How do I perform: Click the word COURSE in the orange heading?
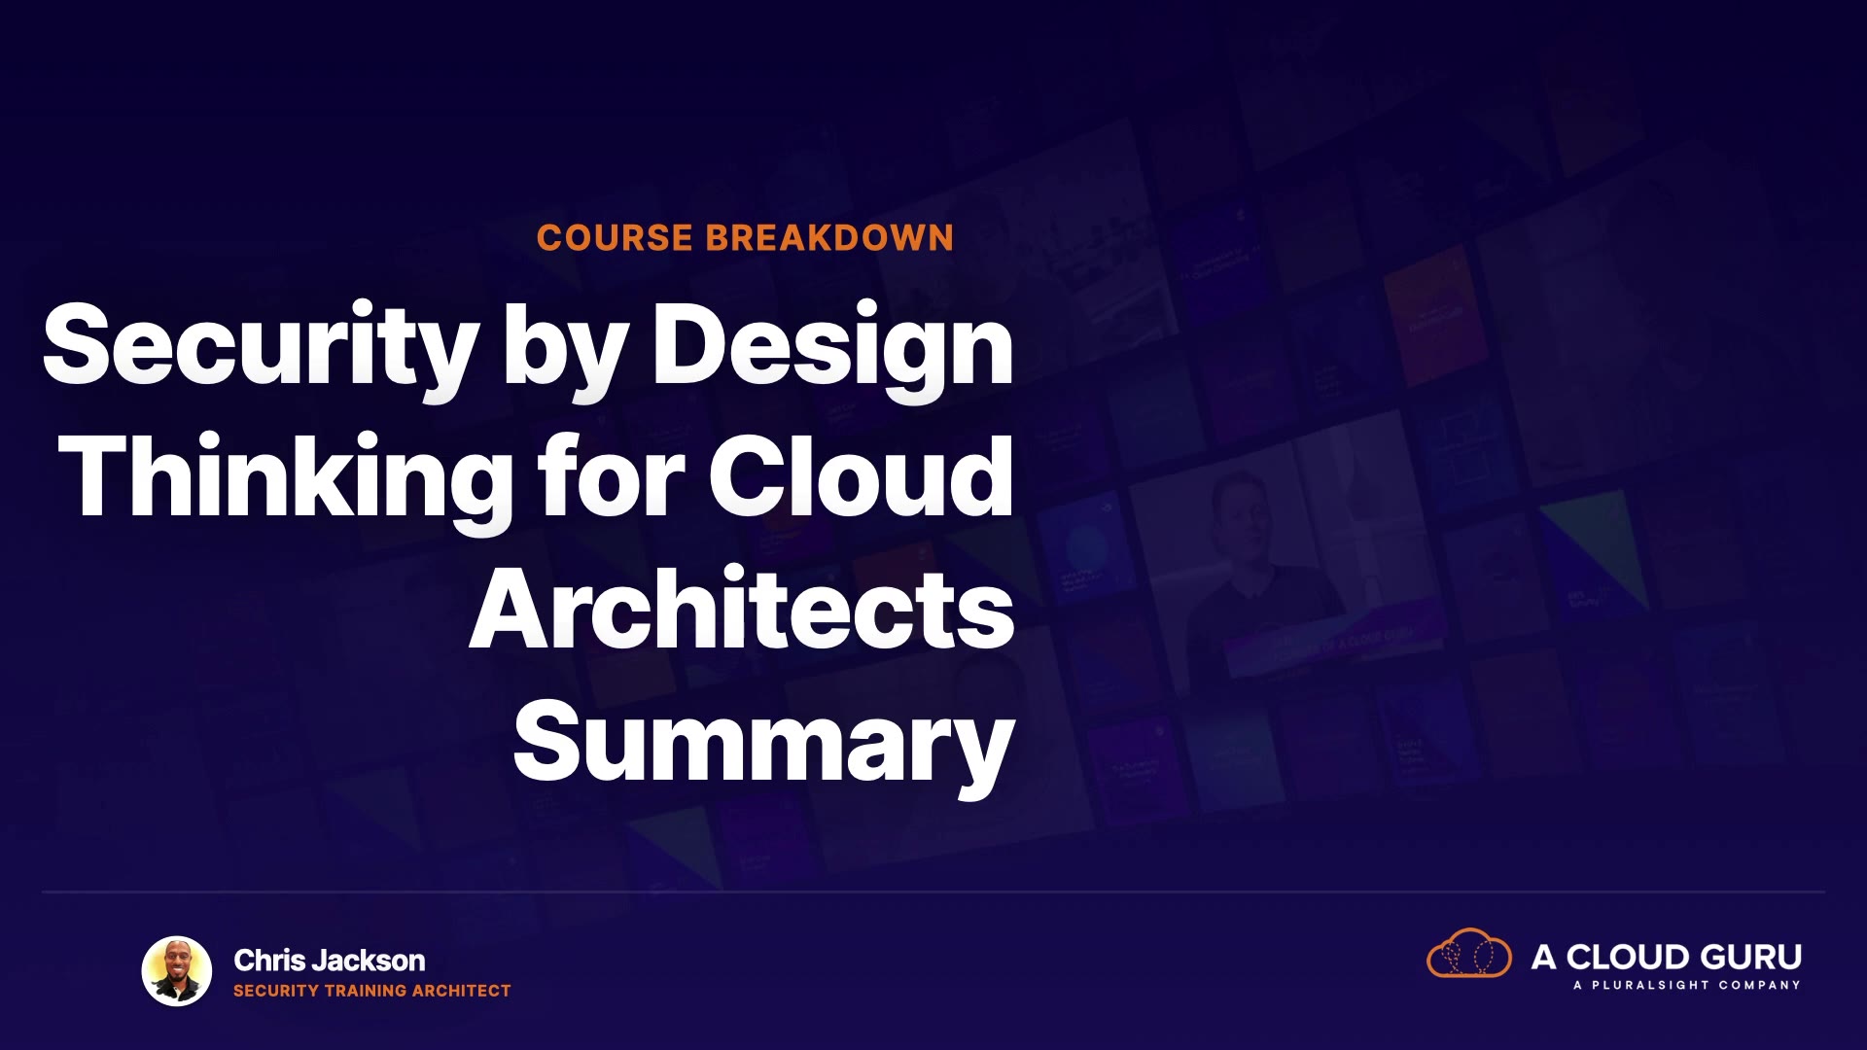tap(615, 238)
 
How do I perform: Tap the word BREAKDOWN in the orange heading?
tap(829, 238)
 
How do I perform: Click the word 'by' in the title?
tap(565, 350)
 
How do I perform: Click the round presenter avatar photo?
tap(177, 971)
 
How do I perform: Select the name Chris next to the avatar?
tap(269, 961)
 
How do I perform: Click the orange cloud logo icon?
tap(1469, 953)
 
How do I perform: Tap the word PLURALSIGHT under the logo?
tap(1650, 985)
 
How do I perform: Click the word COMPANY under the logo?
tap(1759, 985)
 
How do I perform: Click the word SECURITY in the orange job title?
tap(276, 991)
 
